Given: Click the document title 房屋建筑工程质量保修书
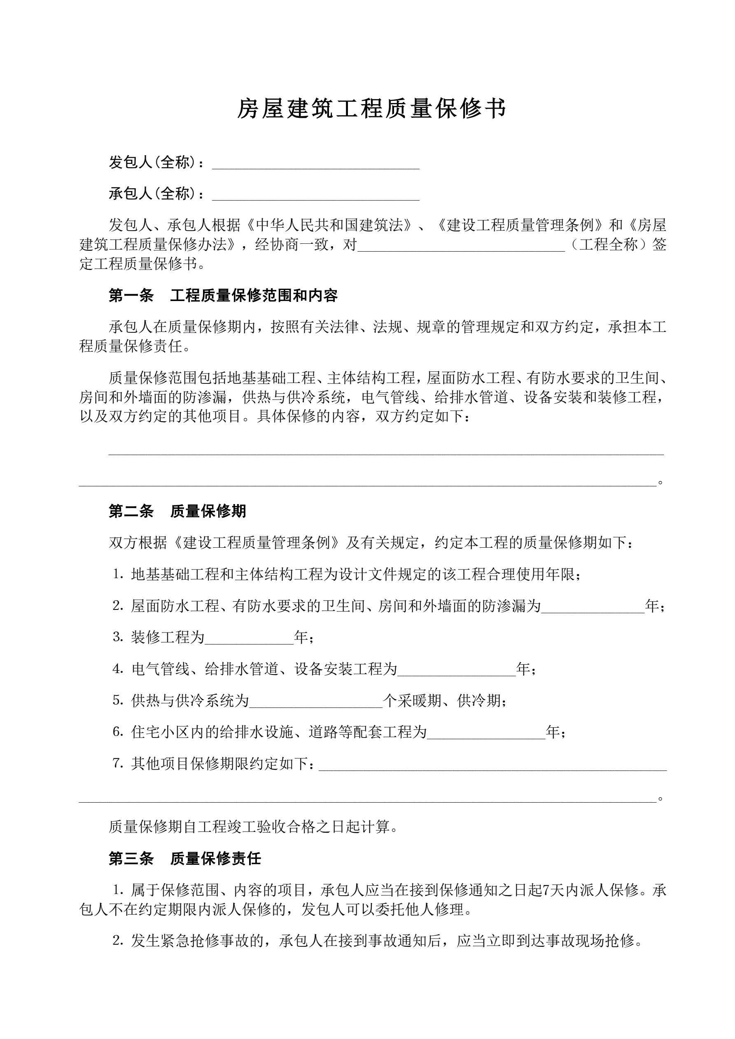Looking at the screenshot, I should pos(371,109).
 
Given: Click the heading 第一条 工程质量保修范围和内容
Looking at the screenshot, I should pos(223,296).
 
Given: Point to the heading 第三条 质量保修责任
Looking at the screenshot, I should pos(184,859).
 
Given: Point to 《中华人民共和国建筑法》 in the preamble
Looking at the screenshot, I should pos(329,225).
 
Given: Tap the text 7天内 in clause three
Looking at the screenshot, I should pos(560,891).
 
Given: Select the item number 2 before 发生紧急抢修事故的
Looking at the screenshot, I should pos(118,941).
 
